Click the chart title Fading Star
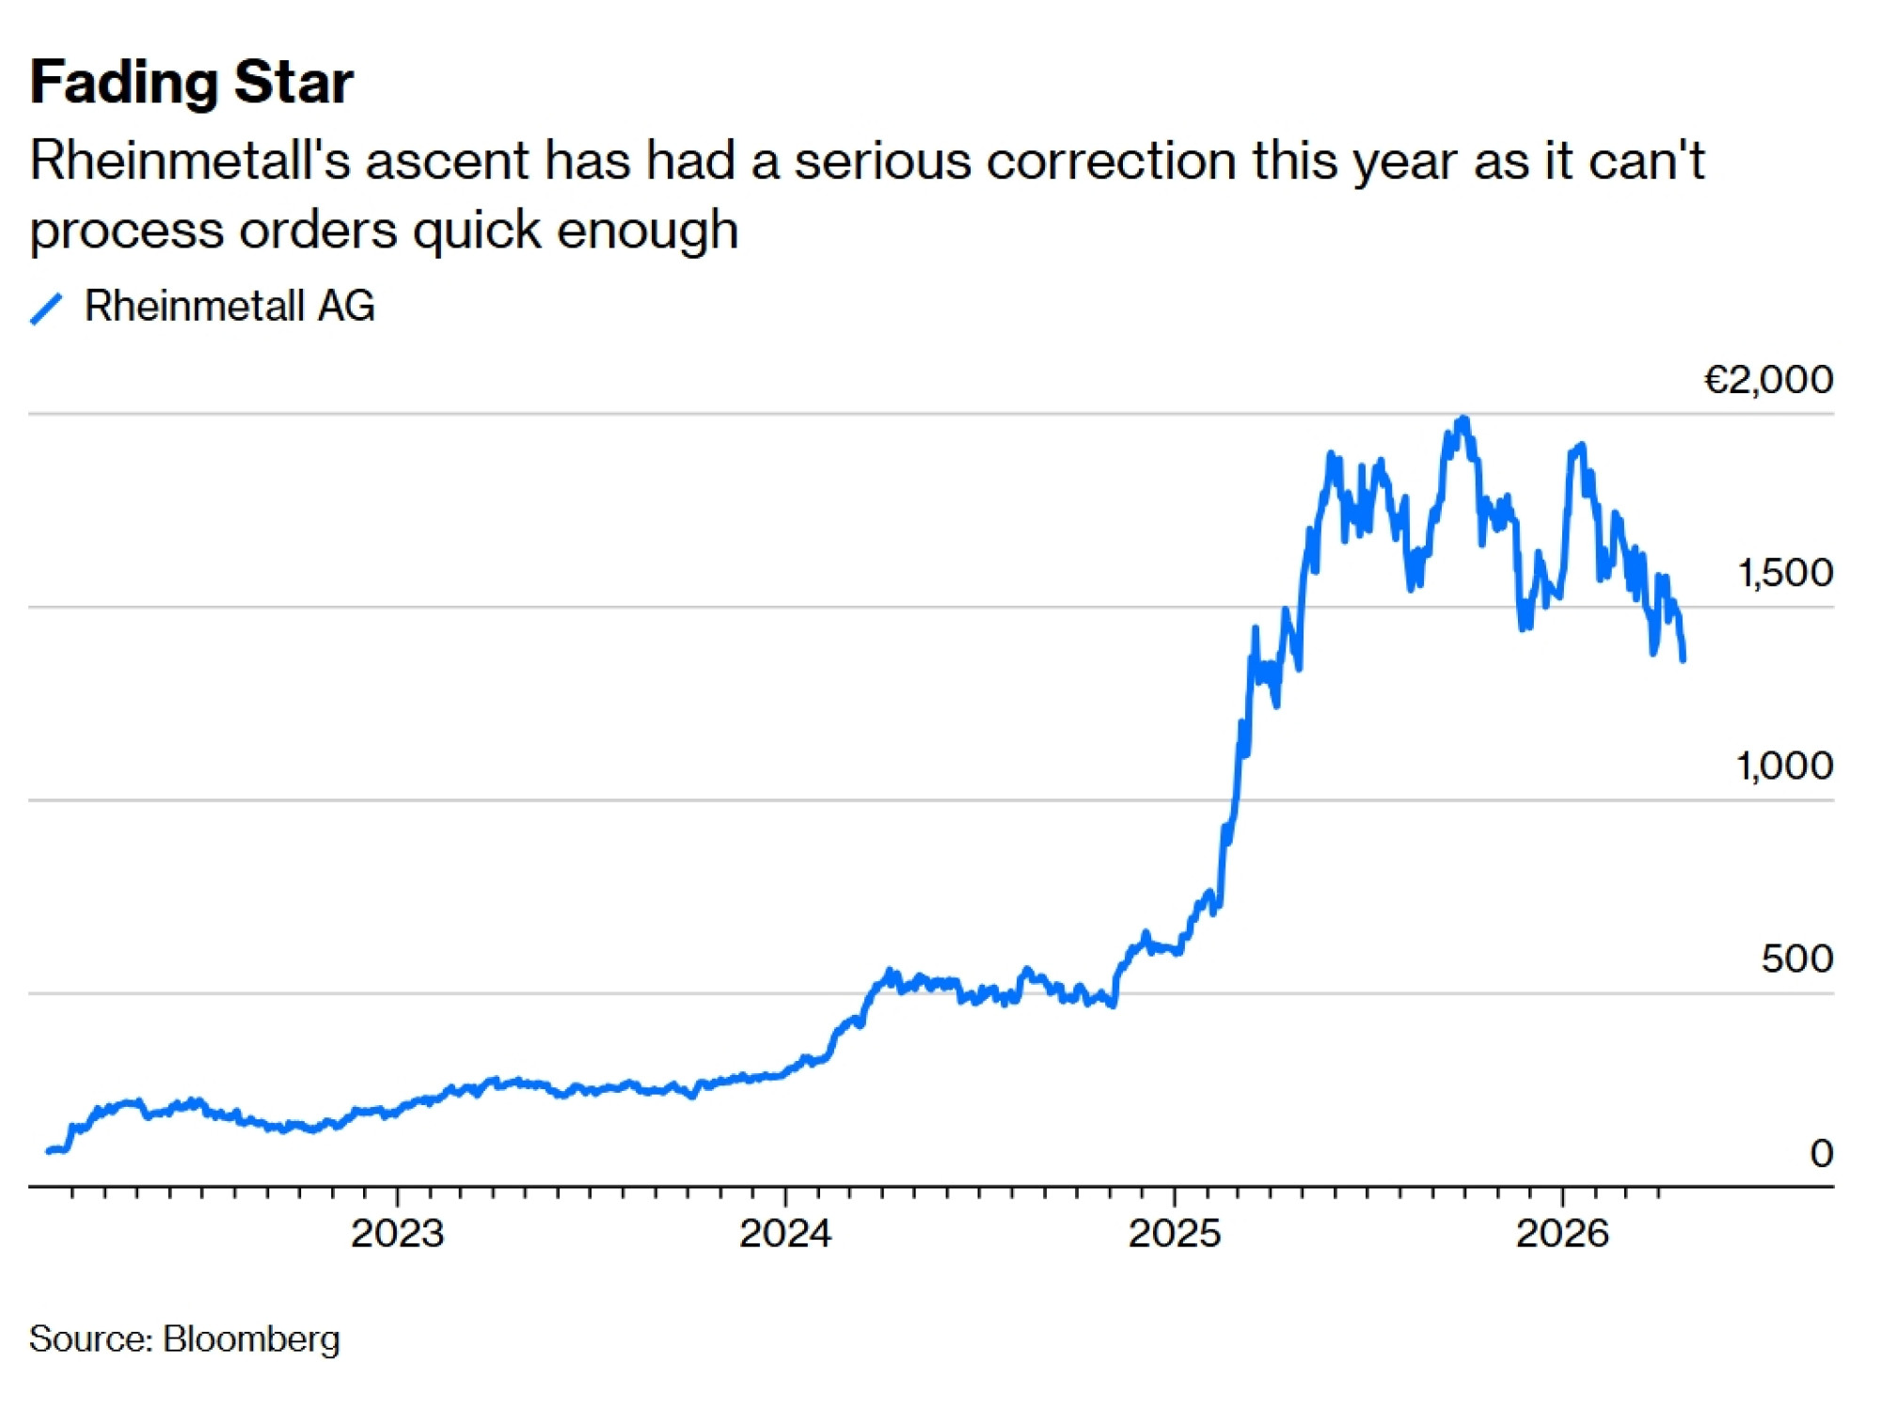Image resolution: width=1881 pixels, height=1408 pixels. click(191, 82)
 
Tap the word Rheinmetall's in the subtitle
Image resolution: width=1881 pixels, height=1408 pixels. click(188, 160)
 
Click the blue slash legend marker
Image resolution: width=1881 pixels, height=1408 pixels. click(46, 308)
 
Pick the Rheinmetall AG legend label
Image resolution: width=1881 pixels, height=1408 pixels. click(229, 306)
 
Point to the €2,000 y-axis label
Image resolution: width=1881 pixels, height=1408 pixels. click(1768, 380)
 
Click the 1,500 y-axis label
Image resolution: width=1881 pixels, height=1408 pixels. click(1784, 573)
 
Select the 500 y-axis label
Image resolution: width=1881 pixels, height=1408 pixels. click(1796, 958)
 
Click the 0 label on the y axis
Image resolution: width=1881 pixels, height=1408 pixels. click(1821, 1153)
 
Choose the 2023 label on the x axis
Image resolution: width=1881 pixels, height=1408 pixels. click(397, 1233)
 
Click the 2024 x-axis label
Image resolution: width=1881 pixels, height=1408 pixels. click(785, 1233)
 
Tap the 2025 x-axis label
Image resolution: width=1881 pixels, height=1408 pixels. click(1174, 1233)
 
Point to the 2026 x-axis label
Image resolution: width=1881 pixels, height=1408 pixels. click(1562, 1233)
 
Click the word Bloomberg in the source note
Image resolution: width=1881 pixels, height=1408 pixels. click(251, 1338)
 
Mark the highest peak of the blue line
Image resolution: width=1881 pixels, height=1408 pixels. click(1463, 419)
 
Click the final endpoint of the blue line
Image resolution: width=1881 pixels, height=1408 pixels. click(1683, 660)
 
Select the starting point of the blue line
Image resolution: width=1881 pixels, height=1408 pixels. click(48, 1150)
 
